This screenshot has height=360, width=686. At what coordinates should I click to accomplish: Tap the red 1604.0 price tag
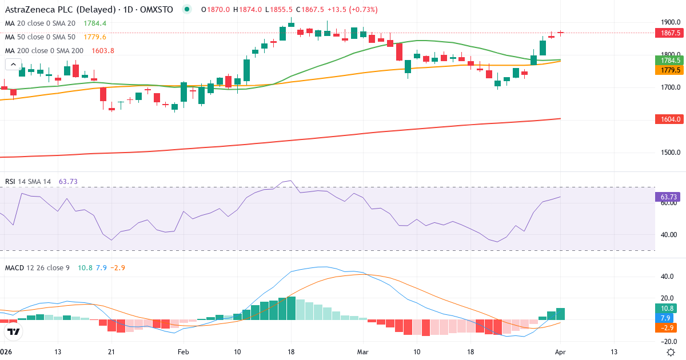[668, 119]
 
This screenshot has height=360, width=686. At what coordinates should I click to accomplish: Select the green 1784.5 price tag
[668, 60]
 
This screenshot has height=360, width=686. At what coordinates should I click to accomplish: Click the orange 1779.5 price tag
[668, 70]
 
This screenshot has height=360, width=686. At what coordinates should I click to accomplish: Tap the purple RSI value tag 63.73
[668, 197]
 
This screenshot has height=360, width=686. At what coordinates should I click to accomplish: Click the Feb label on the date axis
[183, 352]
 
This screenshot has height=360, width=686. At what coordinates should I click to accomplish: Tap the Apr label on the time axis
[561, 352]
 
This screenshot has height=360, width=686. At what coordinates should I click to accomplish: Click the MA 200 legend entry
[44, 51]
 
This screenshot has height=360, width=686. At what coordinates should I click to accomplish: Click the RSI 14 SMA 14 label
[28, 182]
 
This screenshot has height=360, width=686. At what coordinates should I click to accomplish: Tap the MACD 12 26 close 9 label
[37, 267]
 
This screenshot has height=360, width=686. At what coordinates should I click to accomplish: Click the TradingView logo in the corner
[13, 331]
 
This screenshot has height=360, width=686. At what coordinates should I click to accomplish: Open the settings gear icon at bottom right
[672, 352]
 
